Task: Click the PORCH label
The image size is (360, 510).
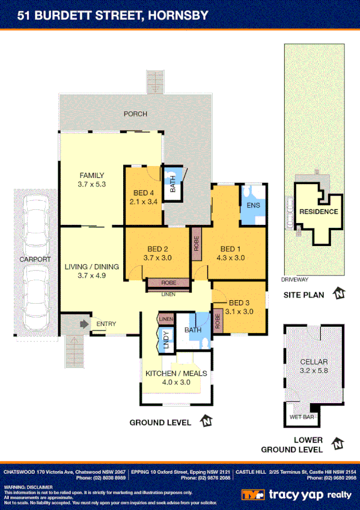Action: [x=135, y=114]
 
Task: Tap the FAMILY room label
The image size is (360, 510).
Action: [x=91, y=176]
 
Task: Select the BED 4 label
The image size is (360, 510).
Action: [x=143, y=193]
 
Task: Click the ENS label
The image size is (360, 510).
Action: [x=252, y=206]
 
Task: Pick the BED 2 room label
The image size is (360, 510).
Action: [x=157, y=249]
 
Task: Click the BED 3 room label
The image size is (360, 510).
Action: [x=239, y=303]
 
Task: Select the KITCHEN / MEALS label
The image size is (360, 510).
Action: [x=176, y=373]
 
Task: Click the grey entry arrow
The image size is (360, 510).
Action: [x=82, y=324]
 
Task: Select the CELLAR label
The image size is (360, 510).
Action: [x=314, y=361]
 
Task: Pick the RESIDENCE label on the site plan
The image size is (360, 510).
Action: [x=319, y=212]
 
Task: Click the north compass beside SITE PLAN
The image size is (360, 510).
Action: [x=340, y=294]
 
